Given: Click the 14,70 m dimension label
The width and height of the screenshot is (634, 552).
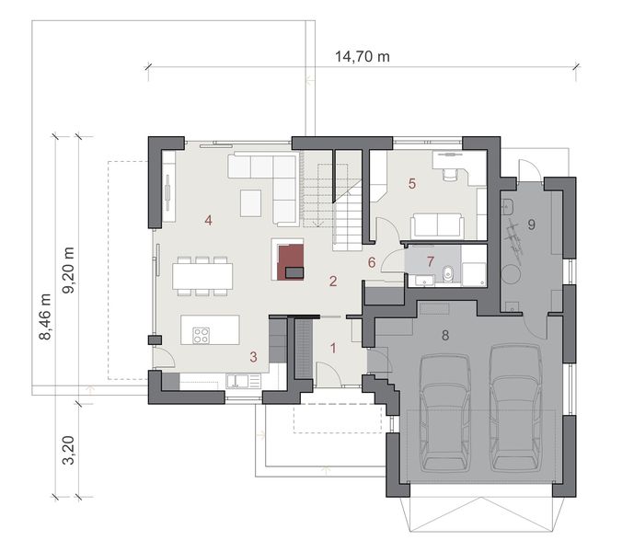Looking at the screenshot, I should pos(363,56).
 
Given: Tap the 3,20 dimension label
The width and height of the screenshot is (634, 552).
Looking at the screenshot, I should pos(68,454).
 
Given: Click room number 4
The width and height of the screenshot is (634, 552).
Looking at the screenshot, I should pos(210,220).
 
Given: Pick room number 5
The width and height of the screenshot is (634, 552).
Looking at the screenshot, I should pos(412,183).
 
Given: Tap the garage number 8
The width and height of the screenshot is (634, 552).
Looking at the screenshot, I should pos(445,335).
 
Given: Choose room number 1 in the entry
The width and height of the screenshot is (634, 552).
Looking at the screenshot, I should pos(333,348).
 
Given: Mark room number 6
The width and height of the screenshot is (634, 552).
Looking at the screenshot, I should pos(372,262).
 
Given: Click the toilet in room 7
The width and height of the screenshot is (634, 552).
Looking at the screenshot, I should pos(445,272).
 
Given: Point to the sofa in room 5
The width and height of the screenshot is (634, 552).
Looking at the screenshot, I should pos(437,224).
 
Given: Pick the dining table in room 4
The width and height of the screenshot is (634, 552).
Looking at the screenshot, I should pos(202,274).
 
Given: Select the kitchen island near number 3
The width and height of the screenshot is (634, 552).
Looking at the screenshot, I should pos(209,329).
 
